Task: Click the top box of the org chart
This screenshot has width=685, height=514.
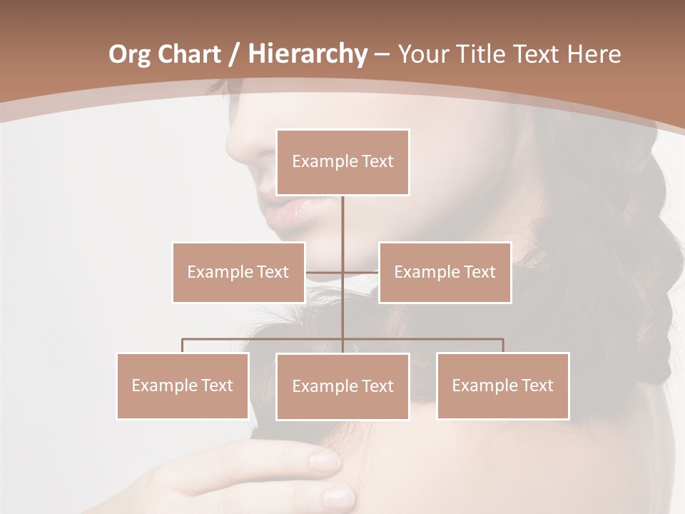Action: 342,162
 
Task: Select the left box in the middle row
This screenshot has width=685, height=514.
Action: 238,272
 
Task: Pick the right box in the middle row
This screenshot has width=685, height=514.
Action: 445,272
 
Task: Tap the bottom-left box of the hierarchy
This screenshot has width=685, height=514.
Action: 183,385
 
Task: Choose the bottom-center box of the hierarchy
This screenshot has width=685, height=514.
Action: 342,386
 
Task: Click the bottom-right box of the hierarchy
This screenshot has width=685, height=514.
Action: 502,385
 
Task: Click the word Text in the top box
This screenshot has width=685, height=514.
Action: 375,162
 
